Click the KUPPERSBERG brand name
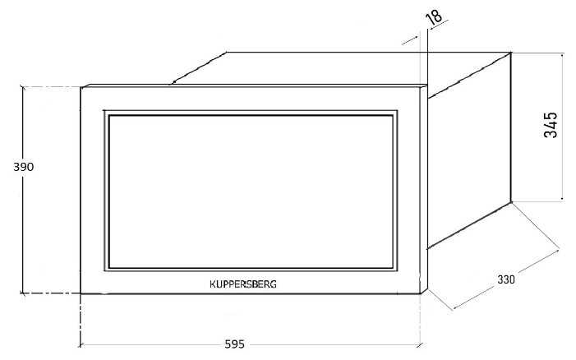(243, 284)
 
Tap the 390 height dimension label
(24, 167)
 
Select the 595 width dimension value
(234, 344)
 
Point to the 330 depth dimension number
(506, 279)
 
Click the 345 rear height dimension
(551, 125)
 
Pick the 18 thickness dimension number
(434, 17)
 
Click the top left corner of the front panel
(81, 87)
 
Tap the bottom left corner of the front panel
(81, 293)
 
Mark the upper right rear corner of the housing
(510, 53)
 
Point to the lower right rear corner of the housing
(510, 202)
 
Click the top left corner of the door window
(109, 116)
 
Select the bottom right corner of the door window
(393, 268)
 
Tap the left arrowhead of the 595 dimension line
(81, 345)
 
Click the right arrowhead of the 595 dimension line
(419, 345)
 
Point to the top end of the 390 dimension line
(23, 87)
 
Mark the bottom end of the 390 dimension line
(23, 293)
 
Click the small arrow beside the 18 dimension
(410, 40)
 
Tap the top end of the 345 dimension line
(562, 53)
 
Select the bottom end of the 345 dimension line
(562, 201)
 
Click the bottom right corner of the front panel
(420, 293)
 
